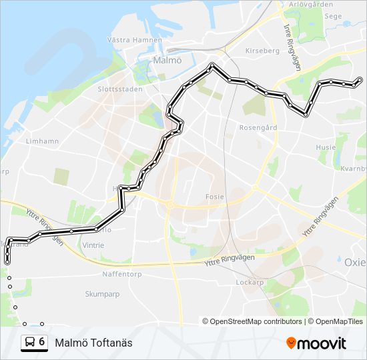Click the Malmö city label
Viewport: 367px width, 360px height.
coord(167,60)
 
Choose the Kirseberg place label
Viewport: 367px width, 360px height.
coord(262,51)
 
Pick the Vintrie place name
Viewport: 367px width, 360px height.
coord(93,245)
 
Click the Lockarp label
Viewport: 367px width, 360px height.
coord(251,282)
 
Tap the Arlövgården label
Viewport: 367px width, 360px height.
coord(311,4)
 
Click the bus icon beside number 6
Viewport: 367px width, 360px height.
coord(30,342)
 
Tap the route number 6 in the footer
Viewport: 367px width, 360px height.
coord(42,342)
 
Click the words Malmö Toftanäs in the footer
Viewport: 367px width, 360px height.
coord(94,343)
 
